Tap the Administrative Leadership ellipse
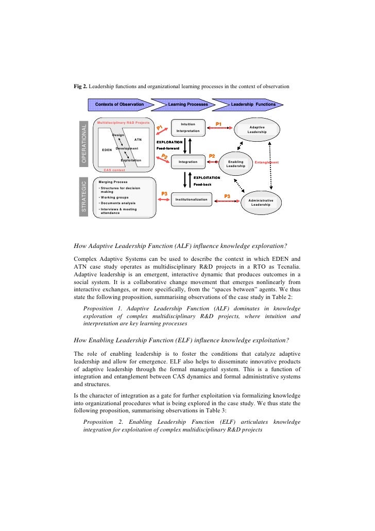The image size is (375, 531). (261, 202)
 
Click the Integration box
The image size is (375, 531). (188, 162)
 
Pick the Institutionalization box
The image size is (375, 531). (191, 200)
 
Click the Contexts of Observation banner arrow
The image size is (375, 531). (120, 105)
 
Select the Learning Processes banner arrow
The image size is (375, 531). (189, 105)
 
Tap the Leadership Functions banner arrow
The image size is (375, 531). (253, 105)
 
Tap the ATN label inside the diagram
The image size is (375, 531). (138, 139)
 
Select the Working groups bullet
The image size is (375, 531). (114, 197)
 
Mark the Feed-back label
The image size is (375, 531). (202, 184)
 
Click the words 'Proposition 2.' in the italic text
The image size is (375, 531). (102, 422)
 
